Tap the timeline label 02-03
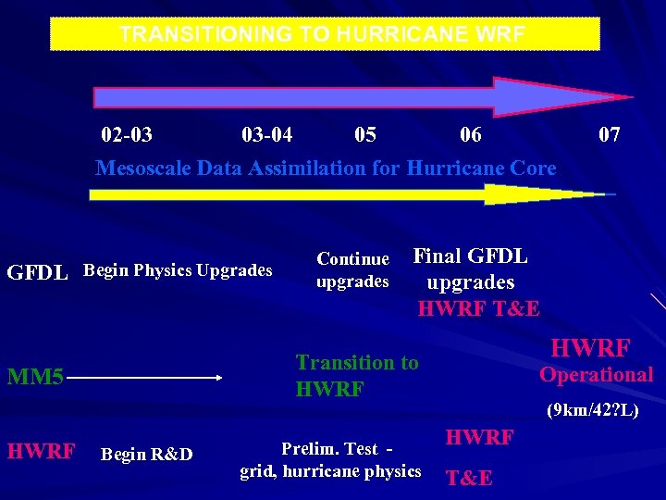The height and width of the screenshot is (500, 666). [127, 135]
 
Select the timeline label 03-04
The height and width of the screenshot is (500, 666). [266, 135]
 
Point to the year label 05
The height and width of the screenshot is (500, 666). [365, 135]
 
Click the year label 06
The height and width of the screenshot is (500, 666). [471, 135]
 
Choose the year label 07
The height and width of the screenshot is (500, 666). [609, 135]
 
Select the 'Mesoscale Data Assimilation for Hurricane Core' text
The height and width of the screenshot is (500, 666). [326, 168]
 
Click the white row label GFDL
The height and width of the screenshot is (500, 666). [37, 273]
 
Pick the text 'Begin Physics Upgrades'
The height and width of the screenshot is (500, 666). [178, 270]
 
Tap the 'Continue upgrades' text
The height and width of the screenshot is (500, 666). [352, 269]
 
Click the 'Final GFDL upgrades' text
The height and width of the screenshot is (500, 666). [470, 269]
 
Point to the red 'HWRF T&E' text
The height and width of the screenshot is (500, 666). [478, 308]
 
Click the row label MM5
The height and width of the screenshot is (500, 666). [35, 378]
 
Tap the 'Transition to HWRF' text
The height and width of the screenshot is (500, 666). [356, 376]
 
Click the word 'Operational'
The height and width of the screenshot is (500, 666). [596, 375]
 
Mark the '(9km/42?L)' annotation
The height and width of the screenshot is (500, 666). [592, 409]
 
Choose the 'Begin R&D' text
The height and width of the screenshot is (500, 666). [146, 454]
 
